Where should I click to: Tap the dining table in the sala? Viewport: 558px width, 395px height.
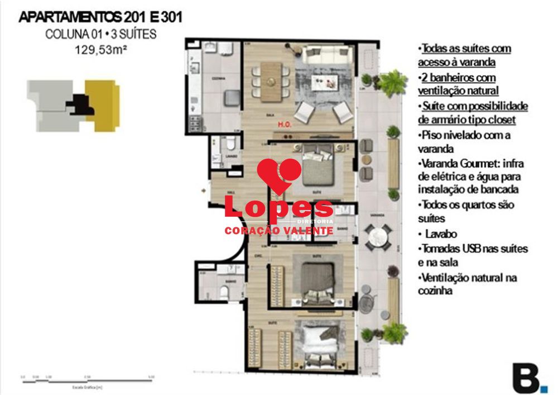click(x=271, y=80)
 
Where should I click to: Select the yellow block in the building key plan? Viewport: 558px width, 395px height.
click(x=103, y=104)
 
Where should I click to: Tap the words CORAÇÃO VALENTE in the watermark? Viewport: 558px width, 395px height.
click(x=278, y=231)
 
